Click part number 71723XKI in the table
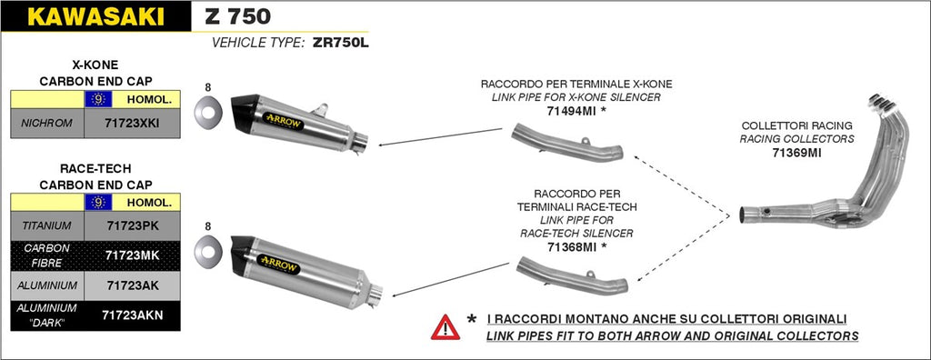[x=133, y=124]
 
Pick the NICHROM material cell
[x=46, y=124]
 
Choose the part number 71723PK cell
[x=133, y=225]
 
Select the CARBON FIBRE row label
[x=46, y=255]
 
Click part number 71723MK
[x=133, y=255]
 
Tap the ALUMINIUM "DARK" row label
[x=46, y=315]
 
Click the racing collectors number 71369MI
[x=796, y=153]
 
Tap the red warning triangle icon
[x=445, y=326]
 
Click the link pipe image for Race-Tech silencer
[x=571, y=275]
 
